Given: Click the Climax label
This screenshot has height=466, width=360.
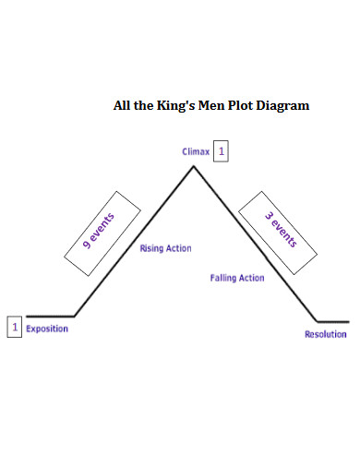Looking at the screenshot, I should click(x=197, y=151).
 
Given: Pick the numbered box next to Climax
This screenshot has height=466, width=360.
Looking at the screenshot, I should click(x=221, y=151).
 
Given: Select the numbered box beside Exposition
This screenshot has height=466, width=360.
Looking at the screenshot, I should click(x=14, y=327).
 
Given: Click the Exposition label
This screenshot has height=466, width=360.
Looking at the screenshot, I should click(x=47, y=329).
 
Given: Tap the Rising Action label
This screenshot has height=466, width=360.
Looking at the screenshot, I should click(x=165, y=249).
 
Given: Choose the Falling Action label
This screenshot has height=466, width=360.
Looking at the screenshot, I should click(x=237, y=278).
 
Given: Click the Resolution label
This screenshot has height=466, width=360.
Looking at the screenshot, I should click(x=326, y=334).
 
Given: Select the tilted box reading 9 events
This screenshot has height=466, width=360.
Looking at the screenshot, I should click(x=102, y=233).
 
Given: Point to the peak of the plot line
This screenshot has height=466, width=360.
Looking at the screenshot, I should click(x=193, y=166).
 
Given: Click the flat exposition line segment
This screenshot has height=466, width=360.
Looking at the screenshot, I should click(x=51, y=317).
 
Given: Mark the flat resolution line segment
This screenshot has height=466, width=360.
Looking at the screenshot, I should click(x=332, y=321).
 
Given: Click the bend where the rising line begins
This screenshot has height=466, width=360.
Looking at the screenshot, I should click(x=75, y=317).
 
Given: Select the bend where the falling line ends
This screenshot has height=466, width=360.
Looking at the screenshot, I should click(x=317, y=321).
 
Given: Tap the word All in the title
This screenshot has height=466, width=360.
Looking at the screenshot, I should click(x=122, y=106).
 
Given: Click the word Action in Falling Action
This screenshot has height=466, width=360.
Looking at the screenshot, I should click(x=250, y=278).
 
